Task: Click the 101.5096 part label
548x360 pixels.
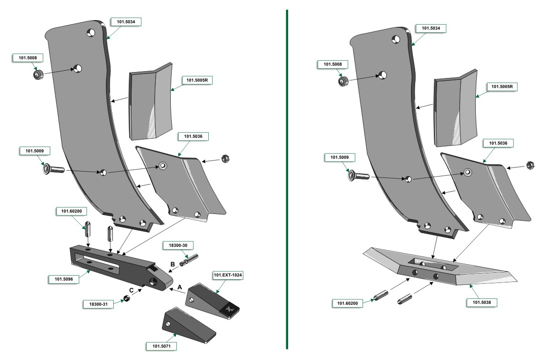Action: [64, 279]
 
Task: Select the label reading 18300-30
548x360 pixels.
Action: [178, 245]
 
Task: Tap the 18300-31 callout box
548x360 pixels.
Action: [98, 304]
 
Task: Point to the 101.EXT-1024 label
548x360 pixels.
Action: [228, 275]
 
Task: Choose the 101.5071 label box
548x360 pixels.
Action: [162, 346]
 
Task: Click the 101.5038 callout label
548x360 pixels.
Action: [482, 303]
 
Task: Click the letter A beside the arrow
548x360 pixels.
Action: [180, 287]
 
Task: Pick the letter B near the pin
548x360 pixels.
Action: [173, 264]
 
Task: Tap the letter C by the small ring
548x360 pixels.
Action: [132, 290]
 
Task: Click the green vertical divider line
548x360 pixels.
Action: [287, 179]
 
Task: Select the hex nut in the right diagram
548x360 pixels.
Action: [530, 166]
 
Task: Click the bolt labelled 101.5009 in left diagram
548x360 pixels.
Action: [53, 169]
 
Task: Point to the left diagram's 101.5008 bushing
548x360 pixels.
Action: [38, 74]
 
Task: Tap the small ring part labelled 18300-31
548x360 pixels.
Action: [126, 298]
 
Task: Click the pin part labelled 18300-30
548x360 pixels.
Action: [189, 260]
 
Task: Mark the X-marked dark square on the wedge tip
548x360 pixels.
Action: [229, 309]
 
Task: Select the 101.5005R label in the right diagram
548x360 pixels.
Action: [502, 87]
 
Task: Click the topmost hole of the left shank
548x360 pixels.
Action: [91, 32]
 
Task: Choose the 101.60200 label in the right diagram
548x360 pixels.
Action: [348, 303]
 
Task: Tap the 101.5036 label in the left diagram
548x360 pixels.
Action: [193, 136]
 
